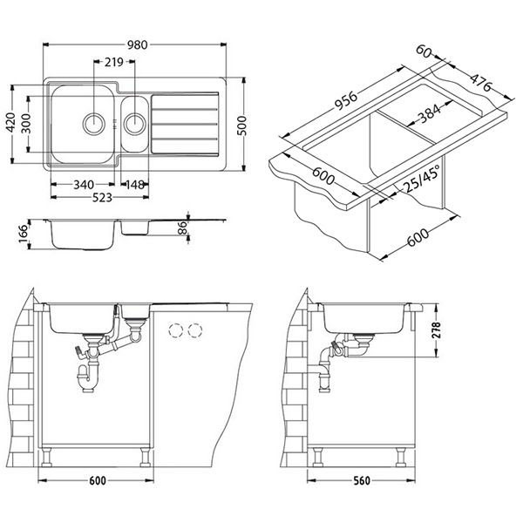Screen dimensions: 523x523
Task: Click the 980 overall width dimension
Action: click(x=137, y=44)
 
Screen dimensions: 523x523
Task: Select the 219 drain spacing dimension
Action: click(x=114, y=62)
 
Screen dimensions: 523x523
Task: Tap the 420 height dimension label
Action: click(x=11, y=122)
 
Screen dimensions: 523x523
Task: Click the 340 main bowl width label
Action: click(x=84, y=185)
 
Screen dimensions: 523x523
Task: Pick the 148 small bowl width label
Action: click(x=135, y=185)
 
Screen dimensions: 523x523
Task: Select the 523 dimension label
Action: click(x=102, y=198)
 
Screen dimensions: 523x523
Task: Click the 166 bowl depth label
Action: click(x=24, y=234)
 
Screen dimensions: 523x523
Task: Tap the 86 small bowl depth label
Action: click(x=183, y=228)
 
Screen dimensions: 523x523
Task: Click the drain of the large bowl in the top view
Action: click(x=94, y=124)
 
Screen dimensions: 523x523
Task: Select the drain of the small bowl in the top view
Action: click(x=135, y=124)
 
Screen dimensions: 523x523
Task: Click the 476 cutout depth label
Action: click(x=480, y=83)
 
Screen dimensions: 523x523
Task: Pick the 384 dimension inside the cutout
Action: click(x=430, y=112)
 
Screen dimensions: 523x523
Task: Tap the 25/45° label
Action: click(x=421, y=180)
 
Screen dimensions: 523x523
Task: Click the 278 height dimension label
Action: click(x=436, y=330)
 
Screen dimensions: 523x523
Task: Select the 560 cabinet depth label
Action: click(x=361, y=480)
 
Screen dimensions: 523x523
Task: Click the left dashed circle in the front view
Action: click(x=175, y=330)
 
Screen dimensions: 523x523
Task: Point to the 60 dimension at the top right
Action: click(x=424, y=51)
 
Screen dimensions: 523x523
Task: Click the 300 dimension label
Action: click(x=25, y=124)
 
